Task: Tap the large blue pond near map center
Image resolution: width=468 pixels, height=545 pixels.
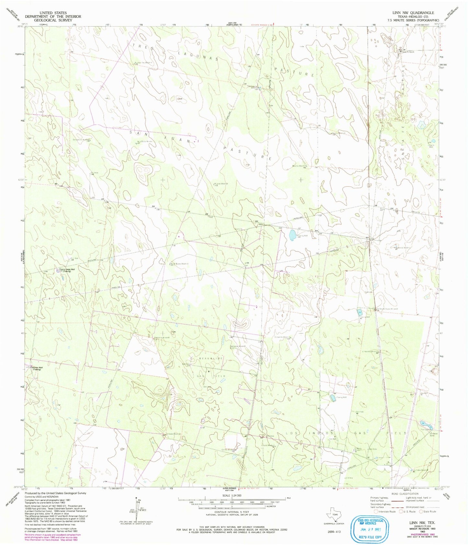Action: coord(292,235)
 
